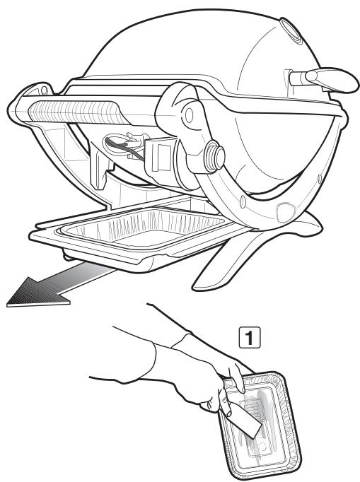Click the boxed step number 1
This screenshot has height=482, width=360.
coord(250,337)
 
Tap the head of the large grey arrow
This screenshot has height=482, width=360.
coord(34,293)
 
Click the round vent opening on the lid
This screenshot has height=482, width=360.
coord(290,30)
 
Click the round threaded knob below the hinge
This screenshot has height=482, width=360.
coord(214,156)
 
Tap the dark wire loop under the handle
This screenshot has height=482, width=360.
coord(123,147)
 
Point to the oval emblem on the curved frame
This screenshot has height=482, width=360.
coord(286,213)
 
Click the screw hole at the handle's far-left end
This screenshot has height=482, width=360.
coord(44,90)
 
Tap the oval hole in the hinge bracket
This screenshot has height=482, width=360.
coord(189,114)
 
